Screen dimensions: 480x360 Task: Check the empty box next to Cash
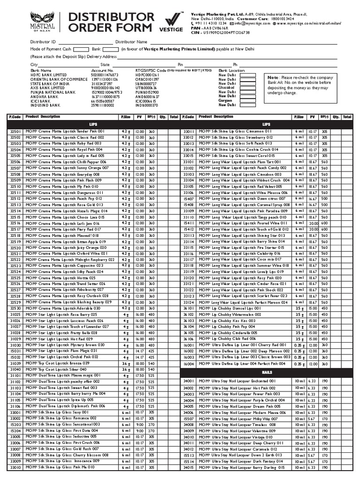[x=80, y=49]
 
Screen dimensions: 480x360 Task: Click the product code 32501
[x=15, y=132]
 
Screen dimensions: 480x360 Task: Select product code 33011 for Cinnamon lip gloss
[x=188, y=132]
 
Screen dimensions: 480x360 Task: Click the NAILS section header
[x=267, y=372]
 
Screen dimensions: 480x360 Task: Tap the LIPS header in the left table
[x=93, y=124]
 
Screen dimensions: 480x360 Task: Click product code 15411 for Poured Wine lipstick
[x=188, y=223]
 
